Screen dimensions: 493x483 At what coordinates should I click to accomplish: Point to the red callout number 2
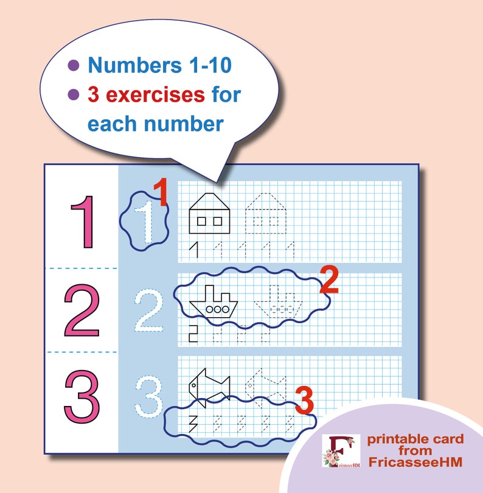(x=328, y=280)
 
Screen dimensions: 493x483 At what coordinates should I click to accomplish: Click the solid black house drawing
(x=210, y=212)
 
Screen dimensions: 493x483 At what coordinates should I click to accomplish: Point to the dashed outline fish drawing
(x=265, y=386)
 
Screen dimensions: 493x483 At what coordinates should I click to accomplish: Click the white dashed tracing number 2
(x=150, y=312)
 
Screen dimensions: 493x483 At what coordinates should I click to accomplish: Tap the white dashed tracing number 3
(x=150, y=398)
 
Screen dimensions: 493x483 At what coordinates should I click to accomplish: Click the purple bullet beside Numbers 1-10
(x=74, y=65)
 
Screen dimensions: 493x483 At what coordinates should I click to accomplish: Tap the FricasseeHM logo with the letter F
(x=340, y=451)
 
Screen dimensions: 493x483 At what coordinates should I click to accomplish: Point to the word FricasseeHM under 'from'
(x=415, y=463)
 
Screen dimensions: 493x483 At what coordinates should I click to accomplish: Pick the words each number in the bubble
(x=155, y=124)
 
